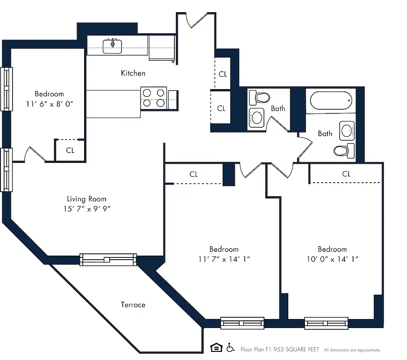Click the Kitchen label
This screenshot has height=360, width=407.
133,73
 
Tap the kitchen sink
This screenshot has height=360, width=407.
112,45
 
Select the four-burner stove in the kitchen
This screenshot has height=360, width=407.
154,98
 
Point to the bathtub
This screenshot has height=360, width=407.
331,101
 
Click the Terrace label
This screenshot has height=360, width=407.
133,305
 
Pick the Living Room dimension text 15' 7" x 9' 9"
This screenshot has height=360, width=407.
88,209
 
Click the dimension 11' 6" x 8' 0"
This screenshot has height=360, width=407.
49,103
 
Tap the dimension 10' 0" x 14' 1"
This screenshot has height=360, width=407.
332,259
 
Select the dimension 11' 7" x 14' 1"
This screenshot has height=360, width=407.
224,259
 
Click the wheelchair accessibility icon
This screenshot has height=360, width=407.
230,347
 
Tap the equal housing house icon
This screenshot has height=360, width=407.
216,347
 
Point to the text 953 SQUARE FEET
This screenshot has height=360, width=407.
292,349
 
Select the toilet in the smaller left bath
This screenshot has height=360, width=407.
259,97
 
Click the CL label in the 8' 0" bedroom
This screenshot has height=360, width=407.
70,150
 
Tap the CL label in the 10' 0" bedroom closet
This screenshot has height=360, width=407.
346,174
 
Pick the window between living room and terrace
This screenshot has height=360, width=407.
108,259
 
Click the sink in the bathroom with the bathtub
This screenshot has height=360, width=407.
348,131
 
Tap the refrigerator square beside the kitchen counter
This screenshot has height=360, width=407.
161,47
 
